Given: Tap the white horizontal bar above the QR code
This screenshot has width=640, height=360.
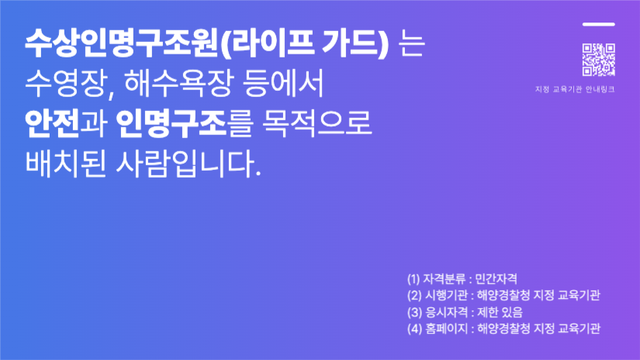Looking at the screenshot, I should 598,24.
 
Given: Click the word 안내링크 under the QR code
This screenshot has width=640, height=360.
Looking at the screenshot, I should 600,89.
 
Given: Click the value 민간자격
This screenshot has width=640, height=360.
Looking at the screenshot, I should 496,279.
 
